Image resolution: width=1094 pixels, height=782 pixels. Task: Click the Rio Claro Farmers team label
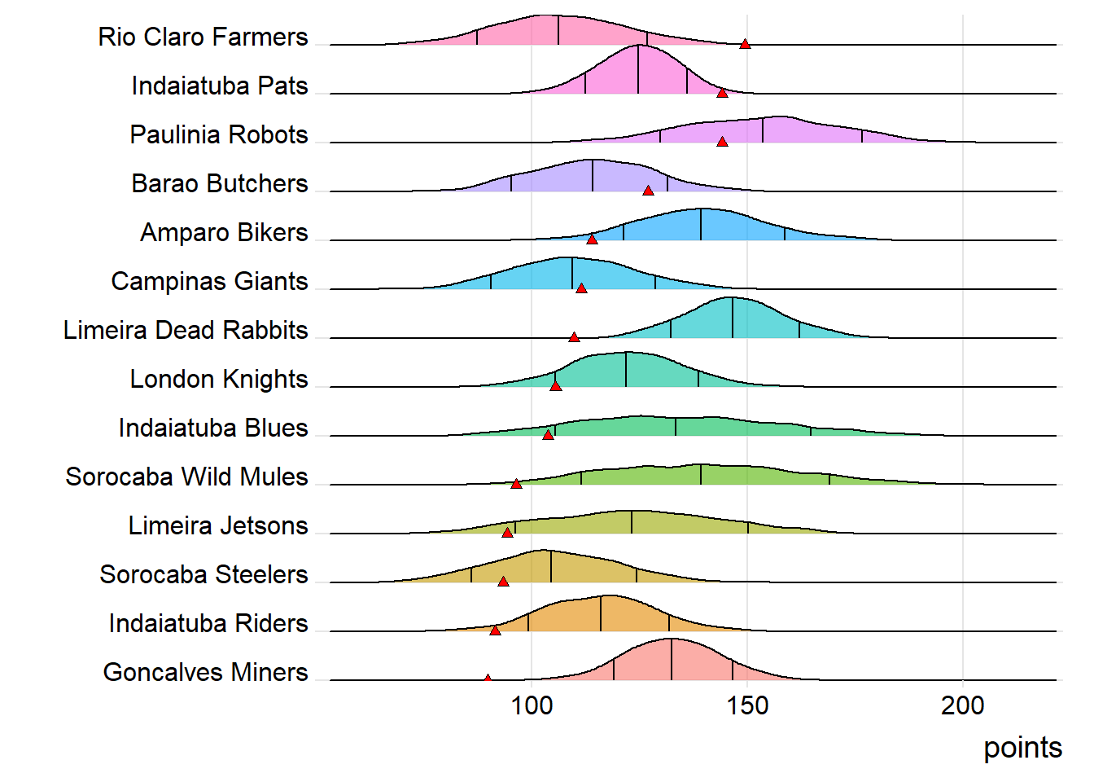coord(203,37)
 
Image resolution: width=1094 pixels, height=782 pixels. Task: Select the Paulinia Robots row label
coord(219,135)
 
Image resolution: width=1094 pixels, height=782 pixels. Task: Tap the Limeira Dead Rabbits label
coord(186,331)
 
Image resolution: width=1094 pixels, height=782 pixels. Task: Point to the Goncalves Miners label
coord(205,673)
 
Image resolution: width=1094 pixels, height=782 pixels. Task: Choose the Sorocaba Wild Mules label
coord(186,477)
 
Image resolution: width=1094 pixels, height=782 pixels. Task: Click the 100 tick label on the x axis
coord(531,705)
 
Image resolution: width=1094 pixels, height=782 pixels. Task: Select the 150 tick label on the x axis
coord(747,705)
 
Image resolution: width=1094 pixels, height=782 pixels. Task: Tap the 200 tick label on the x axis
coord(962,705)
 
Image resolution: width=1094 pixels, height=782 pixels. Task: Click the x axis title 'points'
coord(1022,748)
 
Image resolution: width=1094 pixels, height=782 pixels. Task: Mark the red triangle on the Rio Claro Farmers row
coord(745,44)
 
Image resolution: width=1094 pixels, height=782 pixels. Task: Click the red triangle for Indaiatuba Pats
coord(722,93)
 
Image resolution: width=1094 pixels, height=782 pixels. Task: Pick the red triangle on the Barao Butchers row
coord(648,191)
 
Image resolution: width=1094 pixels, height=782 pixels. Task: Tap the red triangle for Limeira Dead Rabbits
coord(574,337)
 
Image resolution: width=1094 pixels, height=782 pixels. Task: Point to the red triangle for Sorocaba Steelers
coord(503,582)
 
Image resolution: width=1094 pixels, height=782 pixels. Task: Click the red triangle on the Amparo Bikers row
coord(592,239)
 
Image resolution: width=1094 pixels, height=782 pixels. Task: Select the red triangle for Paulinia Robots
coord(722,142)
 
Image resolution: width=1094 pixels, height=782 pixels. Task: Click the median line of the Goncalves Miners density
coord(672,660)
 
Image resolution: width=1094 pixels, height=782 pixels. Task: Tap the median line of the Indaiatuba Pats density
coord(638,70)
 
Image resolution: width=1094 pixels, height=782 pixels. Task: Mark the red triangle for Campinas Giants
coord(581,288)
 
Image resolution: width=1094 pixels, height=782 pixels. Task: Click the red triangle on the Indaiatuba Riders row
coord(495,630)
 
